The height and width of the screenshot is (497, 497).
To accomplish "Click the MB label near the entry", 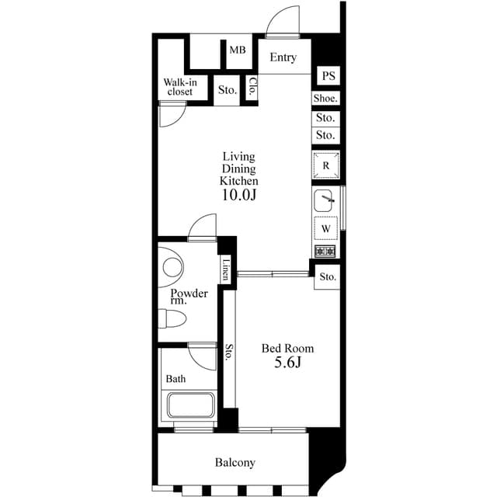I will pos(237,50).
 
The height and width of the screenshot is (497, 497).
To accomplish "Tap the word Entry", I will pos(283,57).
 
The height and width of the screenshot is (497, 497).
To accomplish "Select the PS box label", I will pos(328,76).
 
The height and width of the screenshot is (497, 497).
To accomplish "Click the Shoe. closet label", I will pos(325,99).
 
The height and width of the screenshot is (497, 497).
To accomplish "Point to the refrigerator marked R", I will pos(326,166).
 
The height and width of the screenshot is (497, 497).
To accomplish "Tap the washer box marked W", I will pos(326,228).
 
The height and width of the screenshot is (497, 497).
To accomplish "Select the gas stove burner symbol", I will pos(325,251).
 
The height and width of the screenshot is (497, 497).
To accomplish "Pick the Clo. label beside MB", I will pos(252,87).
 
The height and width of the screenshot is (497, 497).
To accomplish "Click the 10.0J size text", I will pos(239,195).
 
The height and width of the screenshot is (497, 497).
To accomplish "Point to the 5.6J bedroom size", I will pos(287,363).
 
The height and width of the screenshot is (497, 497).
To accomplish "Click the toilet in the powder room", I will pos(172,318).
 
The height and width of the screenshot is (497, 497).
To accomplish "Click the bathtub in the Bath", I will pos(191,406).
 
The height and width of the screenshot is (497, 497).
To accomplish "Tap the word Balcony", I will pos(235,463).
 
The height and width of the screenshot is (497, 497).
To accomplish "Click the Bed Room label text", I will pos(287,349).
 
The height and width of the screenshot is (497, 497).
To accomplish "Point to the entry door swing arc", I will pos(283,19).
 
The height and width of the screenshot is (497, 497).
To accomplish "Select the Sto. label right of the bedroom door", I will pos(327,276).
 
